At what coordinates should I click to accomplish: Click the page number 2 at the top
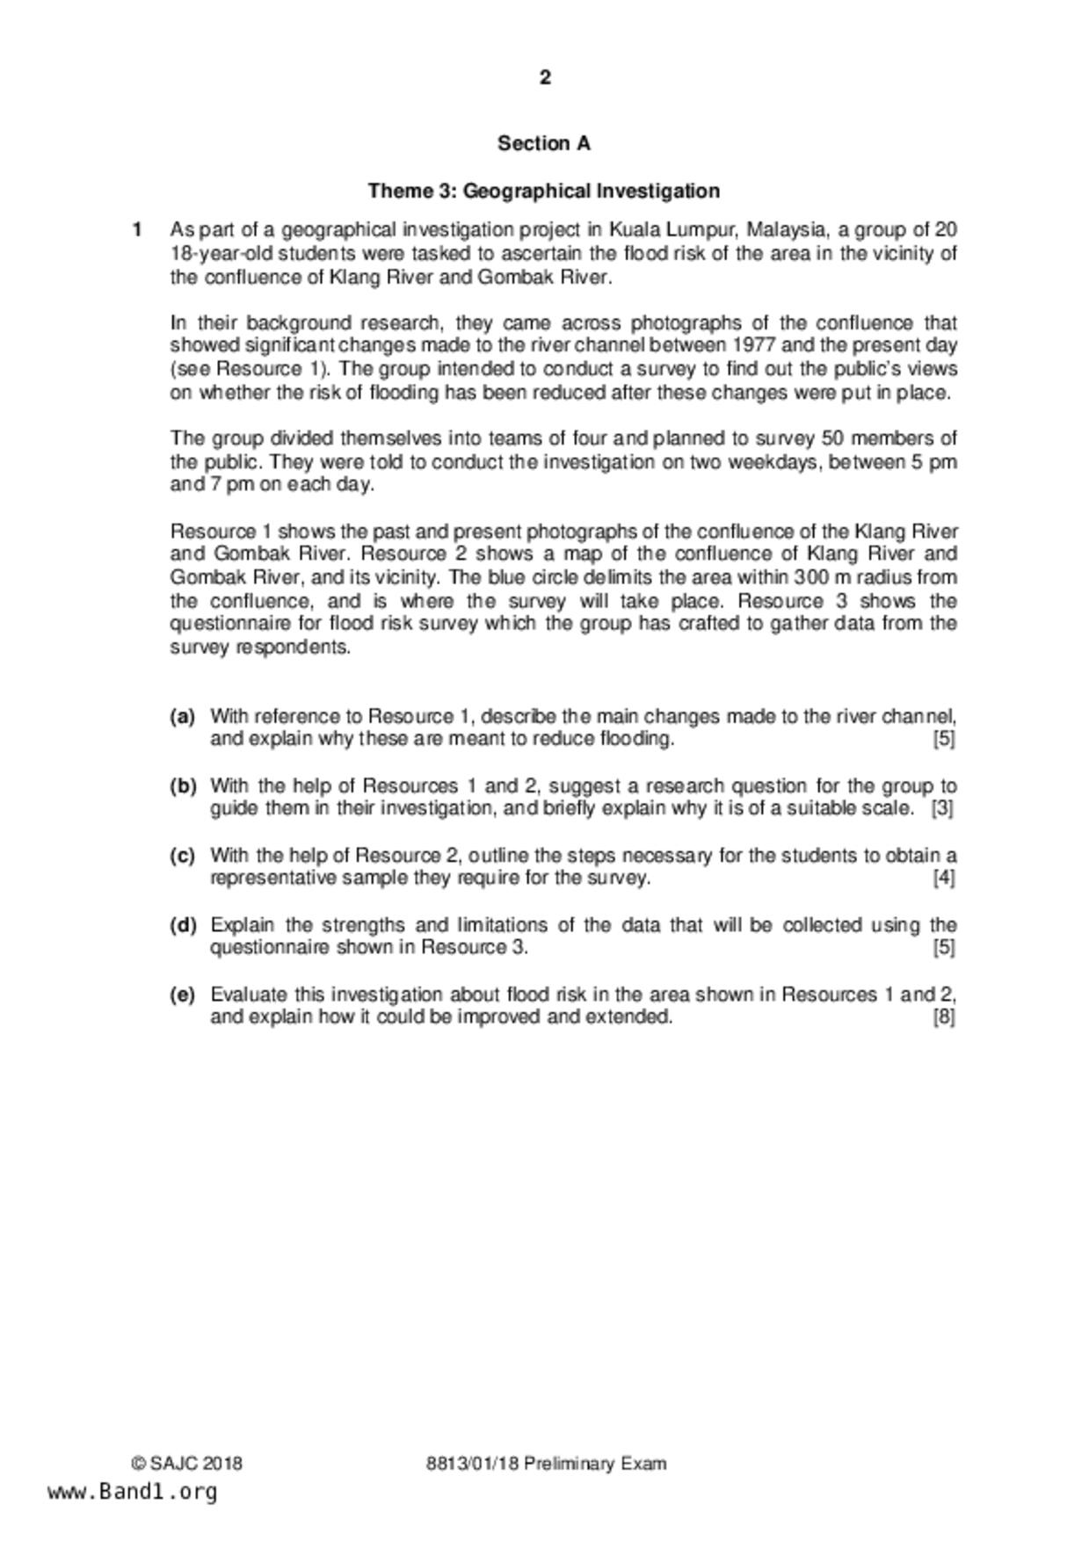[x=545, y=78]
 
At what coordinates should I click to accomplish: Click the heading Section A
[x=544, y=143]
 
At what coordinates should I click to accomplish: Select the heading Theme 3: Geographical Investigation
[x=544, y=191]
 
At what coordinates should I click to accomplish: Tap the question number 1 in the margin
[x=137, y=230]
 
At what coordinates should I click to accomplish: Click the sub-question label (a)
[x=182, y=717]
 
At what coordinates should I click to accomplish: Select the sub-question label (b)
[x=182, y=786]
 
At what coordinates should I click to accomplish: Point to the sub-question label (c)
[x=182, y=856]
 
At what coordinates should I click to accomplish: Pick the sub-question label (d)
[x=182, y=925]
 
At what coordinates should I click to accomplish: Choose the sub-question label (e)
[x=182, y=995]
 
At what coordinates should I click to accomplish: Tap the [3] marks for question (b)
[x=943, y=808]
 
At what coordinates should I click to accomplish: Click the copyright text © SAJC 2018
[x=187, y=1464]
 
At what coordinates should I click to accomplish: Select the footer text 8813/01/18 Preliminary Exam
[x=546, y=1464]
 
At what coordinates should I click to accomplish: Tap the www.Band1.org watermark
[x=132, y=1491]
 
